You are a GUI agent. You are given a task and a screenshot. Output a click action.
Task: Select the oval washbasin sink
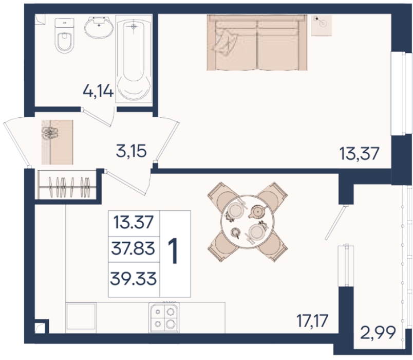pos(99,27)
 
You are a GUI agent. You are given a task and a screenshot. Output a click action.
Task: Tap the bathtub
pos(134,59)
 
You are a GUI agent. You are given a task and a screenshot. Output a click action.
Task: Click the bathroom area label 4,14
pos(98,92)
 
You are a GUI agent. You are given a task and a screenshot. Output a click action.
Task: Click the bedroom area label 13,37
pos(360,153)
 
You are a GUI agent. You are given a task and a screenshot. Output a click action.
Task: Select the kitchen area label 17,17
pos(312,321)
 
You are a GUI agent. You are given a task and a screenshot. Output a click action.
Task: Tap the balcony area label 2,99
pos(378,333)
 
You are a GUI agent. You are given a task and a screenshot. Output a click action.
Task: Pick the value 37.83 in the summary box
pos(133,248)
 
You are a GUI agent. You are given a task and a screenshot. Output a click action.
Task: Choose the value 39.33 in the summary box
pos(133,279)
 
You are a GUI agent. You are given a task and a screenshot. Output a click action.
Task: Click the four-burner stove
pos(164,317)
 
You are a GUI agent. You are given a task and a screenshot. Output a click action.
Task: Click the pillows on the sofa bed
pos(226,42)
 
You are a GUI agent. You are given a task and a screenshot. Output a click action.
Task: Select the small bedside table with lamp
pos(322,25)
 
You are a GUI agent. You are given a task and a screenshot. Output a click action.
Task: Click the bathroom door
pos(99,117)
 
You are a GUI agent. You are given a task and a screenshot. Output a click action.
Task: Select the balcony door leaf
pos(335,223)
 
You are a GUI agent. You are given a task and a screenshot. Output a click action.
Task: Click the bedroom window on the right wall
pos(398,94)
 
